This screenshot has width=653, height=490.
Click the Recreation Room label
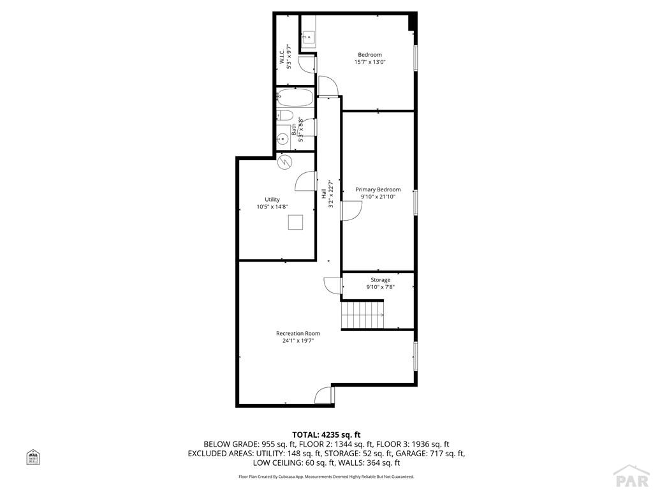click(x=298, y=333)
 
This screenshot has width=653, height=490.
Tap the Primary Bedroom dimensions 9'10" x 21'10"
click(x=378, y=197)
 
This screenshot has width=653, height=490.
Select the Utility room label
click(x=272, y=200)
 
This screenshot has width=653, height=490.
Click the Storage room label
click(x=381, y=279)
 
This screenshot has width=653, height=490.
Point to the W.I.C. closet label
click(x=282, y=57)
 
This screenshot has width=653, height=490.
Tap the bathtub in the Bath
click(x=295, y=99)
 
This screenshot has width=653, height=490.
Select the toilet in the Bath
click(x=285, y=116)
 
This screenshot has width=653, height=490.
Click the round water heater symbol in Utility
click(x=285, y=162)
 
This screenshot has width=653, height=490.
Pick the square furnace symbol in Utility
click(x=295, y=223)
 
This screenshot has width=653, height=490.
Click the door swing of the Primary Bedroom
click(x=351, y=211)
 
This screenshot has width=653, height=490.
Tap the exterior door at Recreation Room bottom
click(x=324, y=395)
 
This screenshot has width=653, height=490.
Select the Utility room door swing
click(x=305, y=181)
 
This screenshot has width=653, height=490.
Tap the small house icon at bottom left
click(x=33, y=457)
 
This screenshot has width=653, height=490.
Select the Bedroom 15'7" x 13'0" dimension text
click(x=370, y=62)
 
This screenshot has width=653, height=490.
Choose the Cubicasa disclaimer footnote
click(x=326, y=477)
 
